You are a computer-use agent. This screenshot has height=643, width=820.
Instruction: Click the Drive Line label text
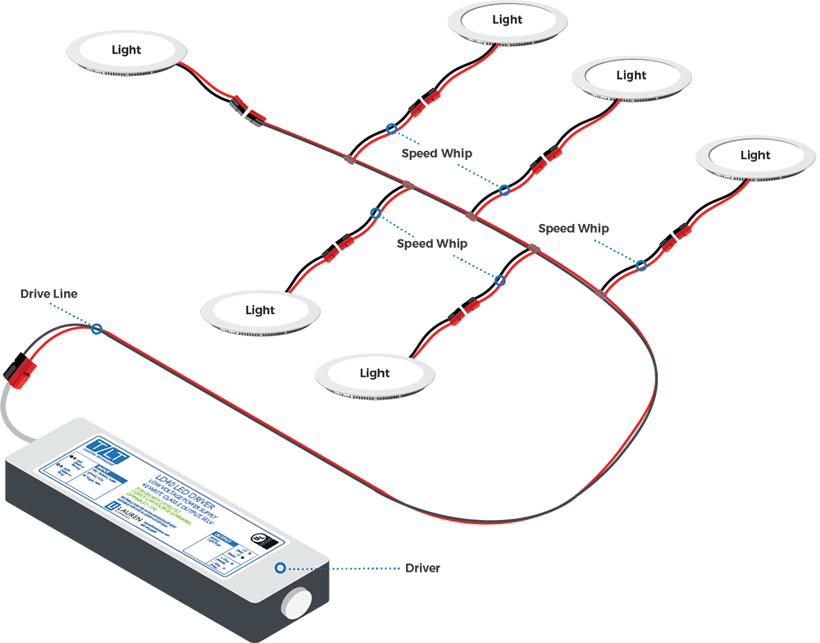click(x=49, y=294)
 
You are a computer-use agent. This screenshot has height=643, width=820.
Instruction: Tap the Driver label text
click(x=422, y=568)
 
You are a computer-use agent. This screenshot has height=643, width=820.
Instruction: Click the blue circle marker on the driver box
click(x=280, y=568)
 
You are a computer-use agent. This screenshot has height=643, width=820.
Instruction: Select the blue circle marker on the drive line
click(x=97, y=330)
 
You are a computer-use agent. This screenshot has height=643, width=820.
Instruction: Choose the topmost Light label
click(x=508, y=20)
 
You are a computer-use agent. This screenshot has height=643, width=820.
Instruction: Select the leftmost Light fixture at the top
click(x=126, y=51)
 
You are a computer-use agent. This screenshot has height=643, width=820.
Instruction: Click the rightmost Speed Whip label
click(x=574, y=229)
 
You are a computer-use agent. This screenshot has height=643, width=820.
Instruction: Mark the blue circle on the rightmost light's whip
click(x=641, y=265)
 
